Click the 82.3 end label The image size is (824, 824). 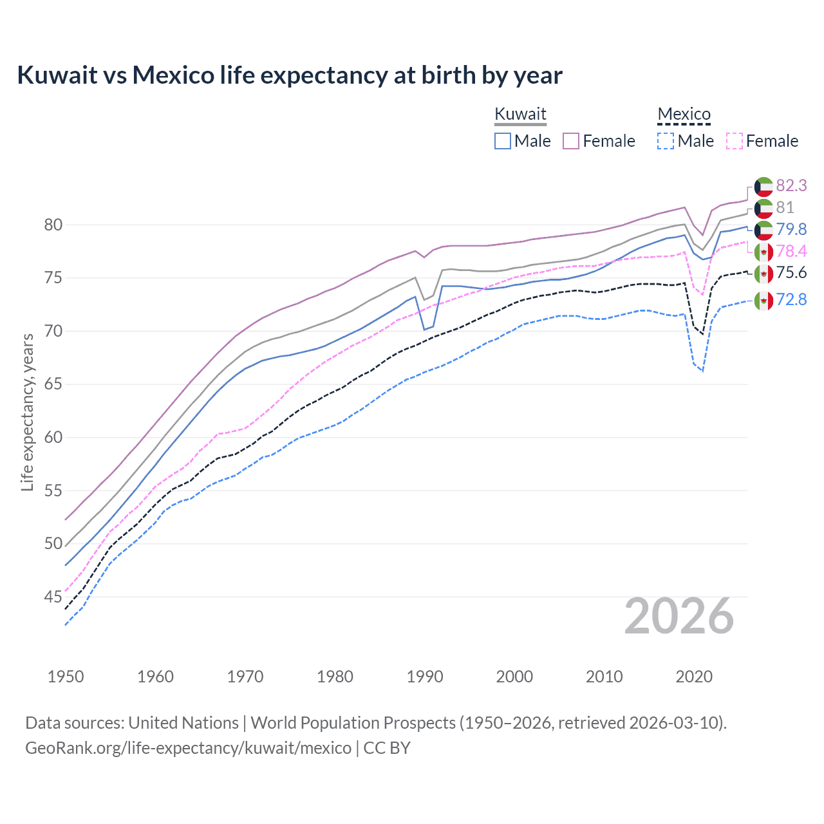[x=791, y=185]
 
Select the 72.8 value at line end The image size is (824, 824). [x=791, y=299]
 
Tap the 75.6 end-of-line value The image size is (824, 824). [x=791, y=272]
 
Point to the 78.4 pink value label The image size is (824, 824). [x=791, y=251]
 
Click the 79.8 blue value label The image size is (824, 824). [x=791, y=229]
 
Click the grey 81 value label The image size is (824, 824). [x=785, y=207]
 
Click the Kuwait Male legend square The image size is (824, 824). [x=503, y=141]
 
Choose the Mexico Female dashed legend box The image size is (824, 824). [x=735, y=141]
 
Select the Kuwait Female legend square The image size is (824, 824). [x=571, y=141]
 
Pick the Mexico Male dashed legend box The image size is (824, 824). [x=666, y=141]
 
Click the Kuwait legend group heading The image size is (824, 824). [x=520, y=114]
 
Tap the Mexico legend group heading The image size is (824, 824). [x=684, y=114]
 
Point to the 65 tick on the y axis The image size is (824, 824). [x=53, y=384]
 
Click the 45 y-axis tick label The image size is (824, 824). [x=53, y=597]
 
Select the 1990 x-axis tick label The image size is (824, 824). [x=425, y=677]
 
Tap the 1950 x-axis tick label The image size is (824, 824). [x=66, y=677]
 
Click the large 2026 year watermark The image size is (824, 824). [x=679, y=617]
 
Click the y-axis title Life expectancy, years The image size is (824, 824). [x=27, y=412]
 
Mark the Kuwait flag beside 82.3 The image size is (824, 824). [x=763, y=186]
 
